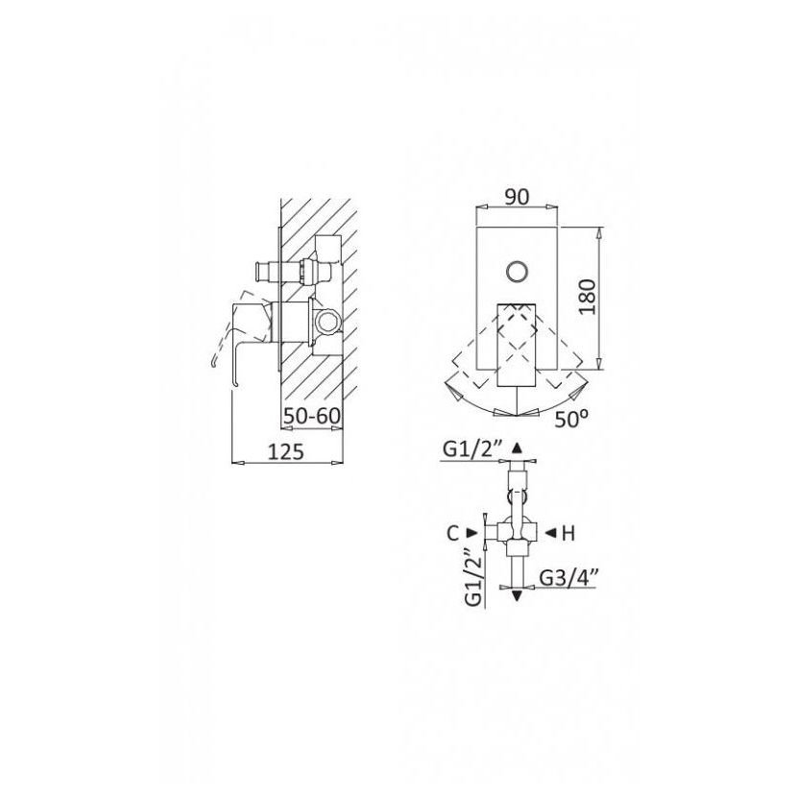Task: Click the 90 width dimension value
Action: pos(517,197)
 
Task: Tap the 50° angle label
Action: pos(571,419)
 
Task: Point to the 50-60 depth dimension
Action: pos(311,416)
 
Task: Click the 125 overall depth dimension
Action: pos(285,451)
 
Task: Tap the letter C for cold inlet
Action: pos(453,533)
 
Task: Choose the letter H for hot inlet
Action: pos(568,533)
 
